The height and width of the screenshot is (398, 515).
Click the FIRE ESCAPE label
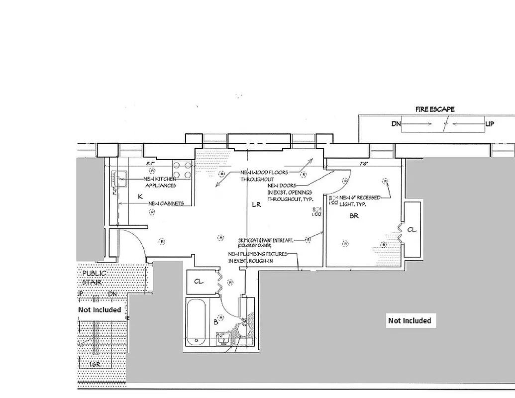point(435,109)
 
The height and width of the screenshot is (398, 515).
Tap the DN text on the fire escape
point(396,124)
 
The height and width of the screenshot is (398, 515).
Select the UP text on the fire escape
point(489,124)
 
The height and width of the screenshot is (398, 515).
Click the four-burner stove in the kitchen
point(183,171)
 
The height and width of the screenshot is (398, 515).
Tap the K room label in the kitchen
point(140,197)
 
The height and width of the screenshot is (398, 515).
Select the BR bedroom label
point(354,216)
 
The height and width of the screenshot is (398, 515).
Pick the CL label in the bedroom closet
point(412,229)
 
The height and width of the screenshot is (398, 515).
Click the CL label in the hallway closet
point(199,282)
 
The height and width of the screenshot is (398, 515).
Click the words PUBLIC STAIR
point(94,278)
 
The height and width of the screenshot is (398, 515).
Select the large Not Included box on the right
point(409,320)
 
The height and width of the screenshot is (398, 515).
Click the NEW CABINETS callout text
point(166,203)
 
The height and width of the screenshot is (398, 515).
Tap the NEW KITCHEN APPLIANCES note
point(159,182)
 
